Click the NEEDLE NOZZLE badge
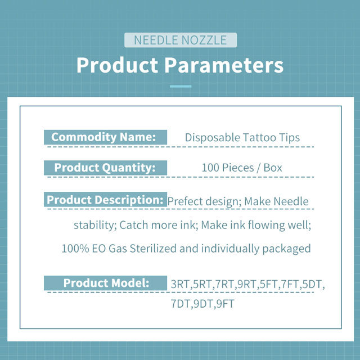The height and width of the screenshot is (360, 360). click(x=181, y=40)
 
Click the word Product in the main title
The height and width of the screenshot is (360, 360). click(x=118, y=65)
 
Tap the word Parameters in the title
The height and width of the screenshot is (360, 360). click(x=224, y=65)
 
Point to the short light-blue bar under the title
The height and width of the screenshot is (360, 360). click(x=181, y=86)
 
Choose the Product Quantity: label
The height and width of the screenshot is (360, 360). click(x=105, y=168)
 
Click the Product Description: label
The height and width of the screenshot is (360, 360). click(x=105, y=200)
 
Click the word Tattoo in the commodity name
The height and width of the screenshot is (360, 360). click(x=259, y=137)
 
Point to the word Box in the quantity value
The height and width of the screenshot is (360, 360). click(x=273, y=168)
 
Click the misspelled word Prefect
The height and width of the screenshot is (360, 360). click(x=185, y=201)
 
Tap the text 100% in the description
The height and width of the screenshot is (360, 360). click(x=75, y=249)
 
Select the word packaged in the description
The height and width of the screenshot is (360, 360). click(x=286, y=249)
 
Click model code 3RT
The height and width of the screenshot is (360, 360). click(x=180, y=285)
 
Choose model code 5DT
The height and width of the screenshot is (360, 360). click(x=312, y=285)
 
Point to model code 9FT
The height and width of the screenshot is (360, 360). click(x=225, y=304)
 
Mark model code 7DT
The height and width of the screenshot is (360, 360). click(x=181, y=304)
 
